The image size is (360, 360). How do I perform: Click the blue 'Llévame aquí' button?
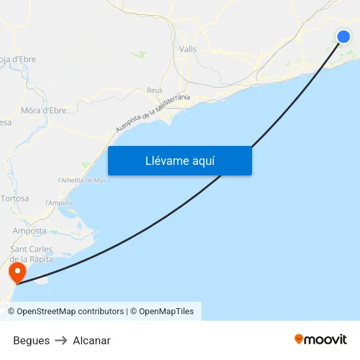(179, 161)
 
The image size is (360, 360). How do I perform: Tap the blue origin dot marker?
(344, 37)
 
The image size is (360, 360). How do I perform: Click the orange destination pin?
(15, 270)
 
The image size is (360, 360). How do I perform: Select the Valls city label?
(188, 49)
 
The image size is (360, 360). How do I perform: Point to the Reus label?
(155, 90)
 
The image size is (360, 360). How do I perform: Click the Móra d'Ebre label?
(44, 111)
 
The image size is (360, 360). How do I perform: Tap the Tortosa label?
(15, 198)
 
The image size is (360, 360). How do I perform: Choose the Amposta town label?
(29, 231)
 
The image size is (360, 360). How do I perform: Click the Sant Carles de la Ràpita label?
(31, 254)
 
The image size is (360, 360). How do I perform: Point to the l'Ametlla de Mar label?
(82, 180)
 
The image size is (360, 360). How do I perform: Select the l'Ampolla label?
(59, 203)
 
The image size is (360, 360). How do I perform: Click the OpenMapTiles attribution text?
(166, 312)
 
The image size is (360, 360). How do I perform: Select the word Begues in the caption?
(31, 340)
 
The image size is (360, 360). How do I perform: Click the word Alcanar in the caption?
(92, 340)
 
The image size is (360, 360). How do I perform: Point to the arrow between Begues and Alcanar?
(61, 340)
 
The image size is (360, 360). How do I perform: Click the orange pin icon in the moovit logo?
(299, 339)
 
